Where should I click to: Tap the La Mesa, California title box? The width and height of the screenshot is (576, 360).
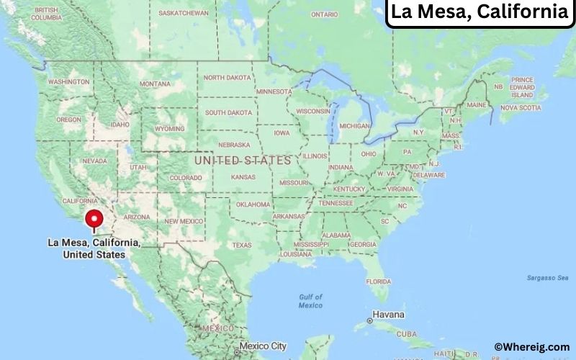click(479, 12)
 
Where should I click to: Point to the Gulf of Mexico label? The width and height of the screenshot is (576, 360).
click(311, 301)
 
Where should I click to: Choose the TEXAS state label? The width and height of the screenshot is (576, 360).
click(242, 245)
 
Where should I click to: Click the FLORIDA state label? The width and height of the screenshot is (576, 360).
click(378, 280)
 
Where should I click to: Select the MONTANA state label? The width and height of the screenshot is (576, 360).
click(155, 84)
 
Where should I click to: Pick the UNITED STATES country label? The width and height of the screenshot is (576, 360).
click(243, 160)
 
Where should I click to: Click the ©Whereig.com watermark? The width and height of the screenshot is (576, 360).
click(531, 347)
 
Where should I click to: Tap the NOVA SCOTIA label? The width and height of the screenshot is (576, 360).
click(520, 108)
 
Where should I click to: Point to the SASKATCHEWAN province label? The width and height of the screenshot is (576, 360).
click(184, 13)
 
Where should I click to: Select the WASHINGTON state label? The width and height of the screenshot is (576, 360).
click(68, 82)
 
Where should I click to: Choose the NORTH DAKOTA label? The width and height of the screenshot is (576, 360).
click(228, 78)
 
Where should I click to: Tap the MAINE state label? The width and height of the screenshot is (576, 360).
click(477, 105)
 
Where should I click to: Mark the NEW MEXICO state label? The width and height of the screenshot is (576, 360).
click(184, 221)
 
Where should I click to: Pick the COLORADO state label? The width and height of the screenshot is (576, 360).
click(185, 178)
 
